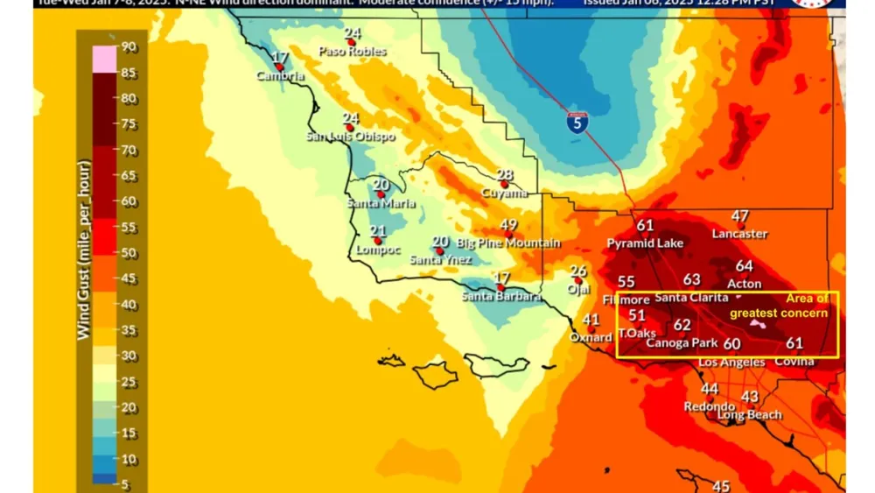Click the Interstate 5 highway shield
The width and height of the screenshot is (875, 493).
[577, 122]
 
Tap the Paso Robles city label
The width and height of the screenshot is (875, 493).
[352, 51]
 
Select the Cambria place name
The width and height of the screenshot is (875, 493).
[280, 76]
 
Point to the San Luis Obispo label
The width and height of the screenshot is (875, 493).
[350, 137]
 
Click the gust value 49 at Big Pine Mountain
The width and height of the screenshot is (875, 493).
[508, 225]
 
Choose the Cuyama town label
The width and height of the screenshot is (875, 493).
[505, 193]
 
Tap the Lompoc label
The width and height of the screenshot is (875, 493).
[379, 250]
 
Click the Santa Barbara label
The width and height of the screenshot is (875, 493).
[500, 296]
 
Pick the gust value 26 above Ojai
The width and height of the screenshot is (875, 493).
[578, 271]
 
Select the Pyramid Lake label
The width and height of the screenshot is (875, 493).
[646, 243]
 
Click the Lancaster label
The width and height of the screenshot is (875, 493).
[739, 234]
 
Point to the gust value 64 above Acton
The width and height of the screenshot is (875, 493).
[744, 266]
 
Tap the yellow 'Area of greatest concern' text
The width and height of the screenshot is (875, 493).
[780, 306]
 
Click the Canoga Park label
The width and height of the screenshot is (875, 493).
[682, 342]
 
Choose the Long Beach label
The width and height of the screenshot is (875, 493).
[750, 414]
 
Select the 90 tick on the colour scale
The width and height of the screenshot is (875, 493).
[128, 46]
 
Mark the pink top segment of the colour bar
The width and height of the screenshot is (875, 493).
[104, 59]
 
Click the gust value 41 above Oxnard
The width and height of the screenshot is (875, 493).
[591, 320]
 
